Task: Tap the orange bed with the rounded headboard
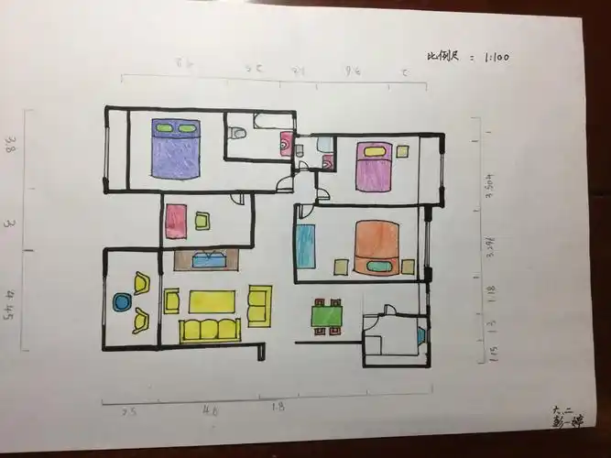[x=376, y=247]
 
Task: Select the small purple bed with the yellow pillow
[x=374, y=166]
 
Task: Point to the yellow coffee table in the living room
[x=212, y=301]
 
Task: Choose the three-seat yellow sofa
[x=210, y=330]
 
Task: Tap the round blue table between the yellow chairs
[x=122, y=301]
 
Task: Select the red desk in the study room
[x=176, y=222]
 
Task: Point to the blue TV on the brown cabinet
[x=207, y=259]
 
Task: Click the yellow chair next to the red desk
[x=202, y=221]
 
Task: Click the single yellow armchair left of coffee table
[x=171, y=300]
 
